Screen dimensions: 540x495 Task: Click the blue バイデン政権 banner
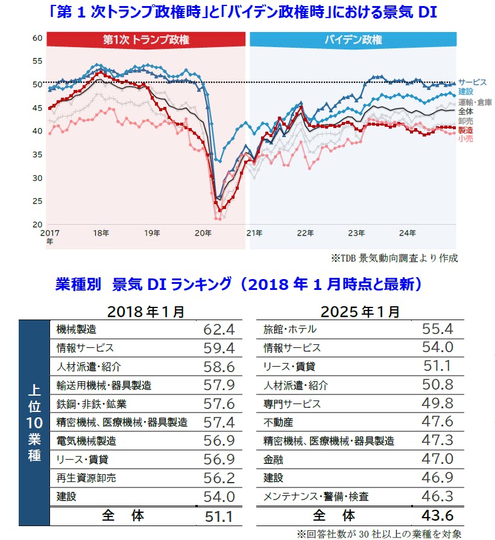click(353, 40)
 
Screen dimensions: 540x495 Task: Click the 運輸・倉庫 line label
click(475, 102)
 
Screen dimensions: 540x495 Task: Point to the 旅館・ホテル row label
click(290, 330)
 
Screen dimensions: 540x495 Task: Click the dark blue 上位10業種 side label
click(34, 423)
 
